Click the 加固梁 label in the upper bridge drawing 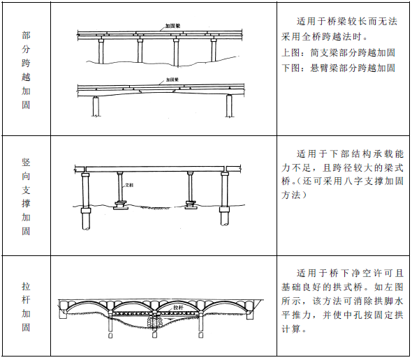[174, 27]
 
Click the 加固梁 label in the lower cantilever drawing [174, 80]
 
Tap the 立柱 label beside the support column [128, 186]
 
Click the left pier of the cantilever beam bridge [95, 106]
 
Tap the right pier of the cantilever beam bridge [228, 106]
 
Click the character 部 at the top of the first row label [26, 33]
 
